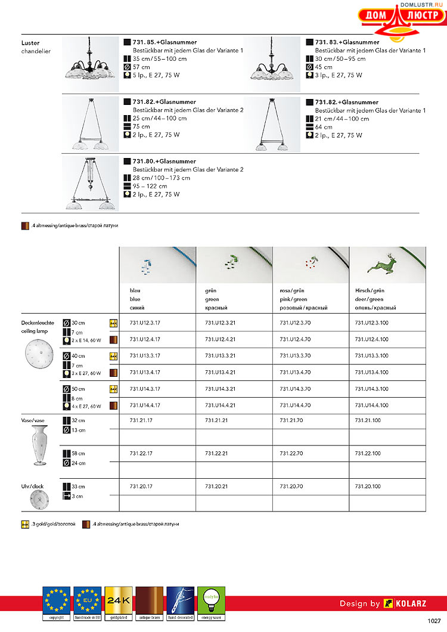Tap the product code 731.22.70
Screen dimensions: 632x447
tap(291, 454)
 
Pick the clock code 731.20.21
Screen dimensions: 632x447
tap(216, 487)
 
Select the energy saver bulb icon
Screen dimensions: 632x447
tap(211, 603)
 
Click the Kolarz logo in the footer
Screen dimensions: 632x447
tap(405, 603)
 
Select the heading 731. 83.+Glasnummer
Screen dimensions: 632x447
tap(347, 42)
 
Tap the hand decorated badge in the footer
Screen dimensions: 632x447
tap(181, 603)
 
